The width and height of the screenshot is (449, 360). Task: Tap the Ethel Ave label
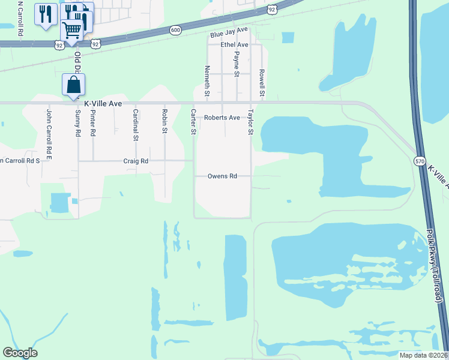pyautogui.click(x=234, y=45)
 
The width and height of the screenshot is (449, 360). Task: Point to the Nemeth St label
pyautogui.click(x=207, y=81)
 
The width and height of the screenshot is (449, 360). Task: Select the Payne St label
pyautogui.click(x=237, y=64)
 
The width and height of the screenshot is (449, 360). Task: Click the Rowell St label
pyautogui.click(x=262, y=82)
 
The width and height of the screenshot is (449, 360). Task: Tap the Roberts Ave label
pyautogui.click(x=221, y=118)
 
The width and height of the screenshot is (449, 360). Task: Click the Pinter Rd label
pyautogui.click(x=93, y=123)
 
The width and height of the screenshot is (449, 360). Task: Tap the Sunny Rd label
pyautogui.click(x=78, y=124)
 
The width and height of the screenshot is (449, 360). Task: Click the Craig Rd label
pyautogui.click(x=136, y=161)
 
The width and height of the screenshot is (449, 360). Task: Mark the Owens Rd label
pyautogui.click(x=222, y=176)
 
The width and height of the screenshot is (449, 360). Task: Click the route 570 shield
pyautogui.click(x=420, y=161)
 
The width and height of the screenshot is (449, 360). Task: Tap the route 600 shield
pyautogui.click(x=175, y=30)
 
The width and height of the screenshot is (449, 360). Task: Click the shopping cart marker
pyautogui.click(x=72, y=30)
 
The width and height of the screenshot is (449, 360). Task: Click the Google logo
pyautogui.click(x=20, y=353)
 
